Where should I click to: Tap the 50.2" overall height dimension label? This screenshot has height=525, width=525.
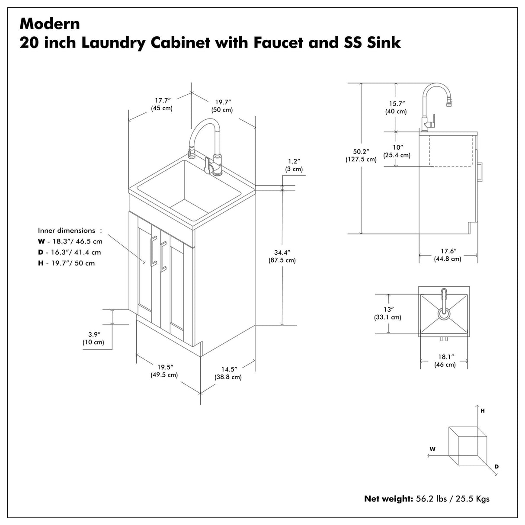(361, 155)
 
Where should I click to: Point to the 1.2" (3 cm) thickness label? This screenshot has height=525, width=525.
(294, 165)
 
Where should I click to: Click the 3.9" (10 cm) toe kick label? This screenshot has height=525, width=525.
(93, 338)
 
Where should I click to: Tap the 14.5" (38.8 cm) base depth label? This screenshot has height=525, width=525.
(228, 373)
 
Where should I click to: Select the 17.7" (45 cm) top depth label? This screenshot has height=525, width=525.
(161, 104)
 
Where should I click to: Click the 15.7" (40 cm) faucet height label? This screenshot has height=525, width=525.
(396, 107)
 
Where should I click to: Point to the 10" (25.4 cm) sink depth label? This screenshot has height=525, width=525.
(397, 151)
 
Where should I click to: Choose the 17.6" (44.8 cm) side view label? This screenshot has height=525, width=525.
(448, 255)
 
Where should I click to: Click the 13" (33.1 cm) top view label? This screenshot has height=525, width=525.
(388, 313)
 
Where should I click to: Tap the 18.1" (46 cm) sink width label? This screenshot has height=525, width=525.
(445, 361)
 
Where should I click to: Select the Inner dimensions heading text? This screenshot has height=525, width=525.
(67, 230)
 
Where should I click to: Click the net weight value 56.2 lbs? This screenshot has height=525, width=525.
(432, 499)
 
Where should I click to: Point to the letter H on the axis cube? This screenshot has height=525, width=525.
(483, 411)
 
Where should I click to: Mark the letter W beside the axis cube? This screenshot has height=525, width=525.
(432, 449)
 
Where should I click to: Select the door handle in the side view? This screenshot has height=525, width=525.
(479, 172)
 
